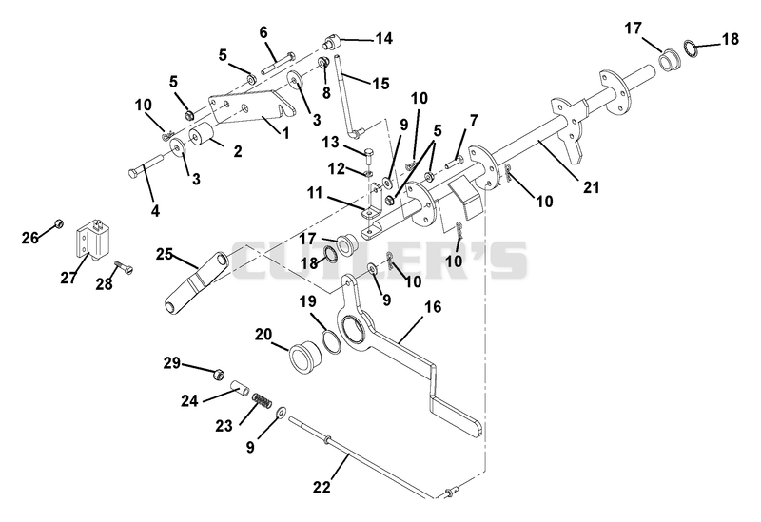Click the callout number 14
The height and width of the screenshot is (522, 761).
click(x=383, y=38)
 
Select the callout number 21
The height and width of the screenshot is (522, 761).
click(x=592, y=186)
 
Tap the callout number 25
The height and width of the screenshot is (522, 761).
click(x=165, y=254)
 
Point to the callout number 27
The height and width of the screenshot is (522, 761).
click(x=68, y=278)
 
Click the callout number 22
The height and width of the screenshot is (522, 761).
click(x=322, y=487)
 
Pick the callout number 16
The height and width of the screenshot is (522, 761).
click(x=434, y=306)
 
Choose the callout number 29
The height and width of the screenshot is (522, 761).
click(x=172, y=363)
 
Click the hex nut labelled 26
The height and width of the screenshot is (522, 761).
click(x=58, y=223)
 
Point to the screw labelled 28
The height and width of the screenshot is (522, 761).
click(x=124, y=267)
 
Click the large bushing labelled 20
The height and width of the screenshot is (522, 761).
click(x=304, y=359)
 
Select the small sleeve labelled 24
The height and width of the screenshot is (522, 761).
click(x=240, y=388)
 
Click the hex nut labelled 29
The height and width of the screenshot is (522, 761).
click(x=218, y=375)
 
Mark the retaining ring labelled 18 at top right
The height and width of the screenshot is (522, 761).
click(x=692, y=48)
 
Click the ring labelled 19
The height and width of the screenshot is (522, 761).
click(x=335, y=341)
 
